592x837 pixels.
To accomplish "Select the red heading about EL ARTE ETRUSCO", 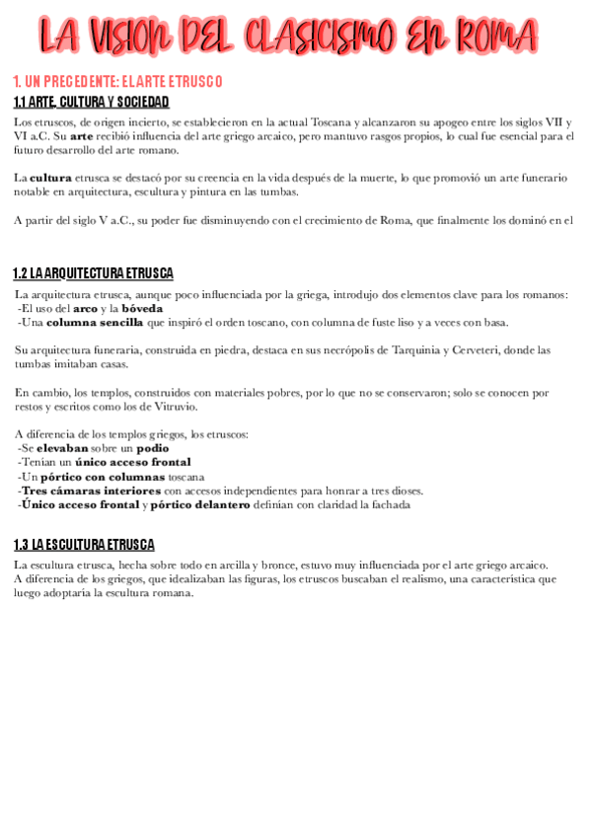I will [117, 81].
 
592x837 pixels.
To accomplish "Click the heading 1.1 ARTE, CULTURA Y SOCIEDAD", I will [91, 102].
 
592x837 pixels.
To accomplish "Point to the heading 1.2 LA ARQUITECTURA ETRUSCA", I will [94, 272].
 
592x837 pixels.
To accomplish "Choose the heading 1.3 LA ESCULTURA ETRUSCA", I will [84, 544].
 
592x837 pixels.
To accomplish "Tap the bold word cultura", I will [50, 178].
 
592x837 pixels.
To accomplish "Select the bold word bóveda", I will [142, 308].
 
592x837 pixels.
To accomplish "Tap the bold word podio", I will [153, 448].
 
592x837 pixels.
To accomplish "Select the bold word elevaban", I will [61, 448].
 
